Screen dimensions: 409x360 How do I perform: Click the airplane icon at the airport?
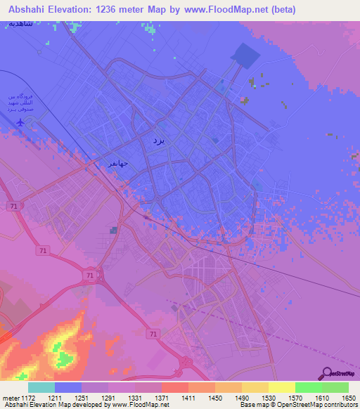[20, 122]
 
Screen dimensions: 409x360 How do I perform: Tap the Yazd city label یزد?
[158, 141]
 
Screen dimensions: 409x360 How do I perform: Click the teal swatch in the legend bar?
[41, 387]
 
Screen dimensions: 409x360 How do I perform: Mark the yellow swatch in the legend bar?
[281, 387]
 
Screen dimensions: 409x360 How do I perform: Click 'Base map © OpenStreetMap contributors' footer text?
[298, 405]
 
